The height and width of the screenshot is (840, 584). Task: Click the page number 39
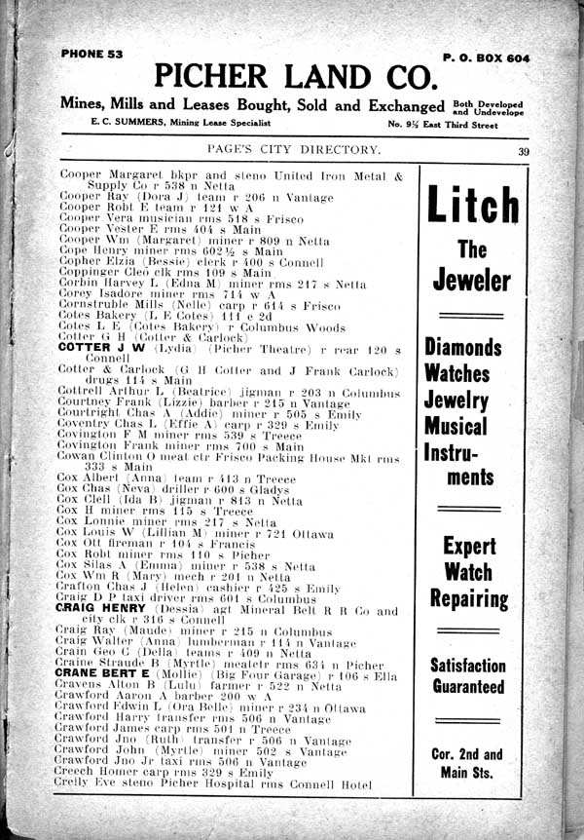click(524, 150)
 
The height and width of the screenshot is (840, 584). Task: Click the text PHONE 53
click(91, 55)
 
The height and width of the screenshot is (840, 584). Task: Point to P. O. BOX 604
click(487, 58)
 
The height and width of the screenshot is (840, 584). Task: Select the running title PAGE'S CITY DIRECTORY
click(294, 149)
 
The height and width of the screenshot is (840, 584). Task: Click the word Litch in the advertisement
click(472, 206)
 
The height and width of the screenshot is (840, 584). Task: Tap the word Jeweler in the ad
click(472, 281)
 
